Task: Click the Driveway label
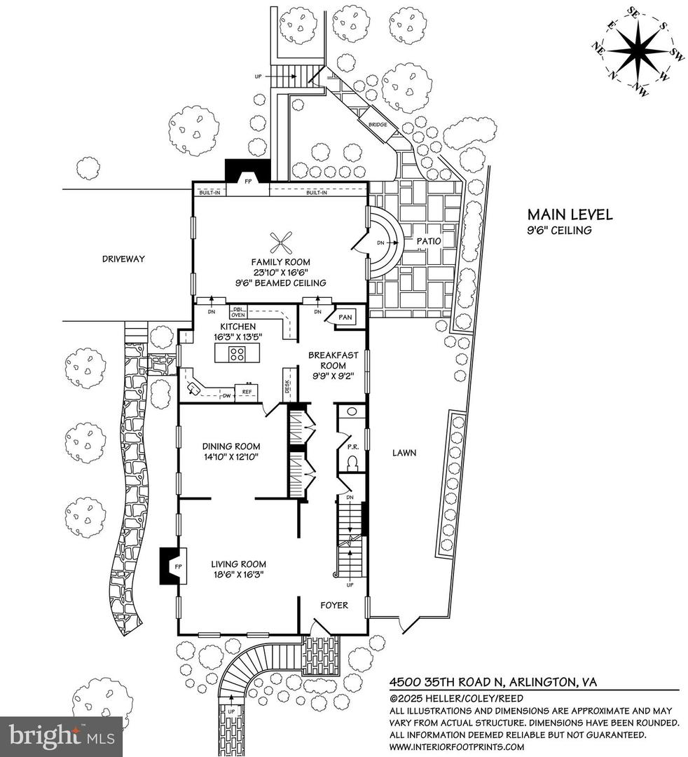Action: [x=123, y=259]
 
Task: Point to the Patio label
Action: [x=428, y=240]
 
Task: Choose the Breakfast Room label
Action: [x=328, y=360]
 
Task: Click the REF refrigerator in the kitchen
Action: [x=247, y=392]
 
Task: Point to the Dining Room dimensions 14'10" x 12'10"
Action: [x=231, y=458]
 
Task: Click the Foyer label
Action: [x=333, y=605]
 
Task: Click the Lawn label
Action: [x=404, y=453]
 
